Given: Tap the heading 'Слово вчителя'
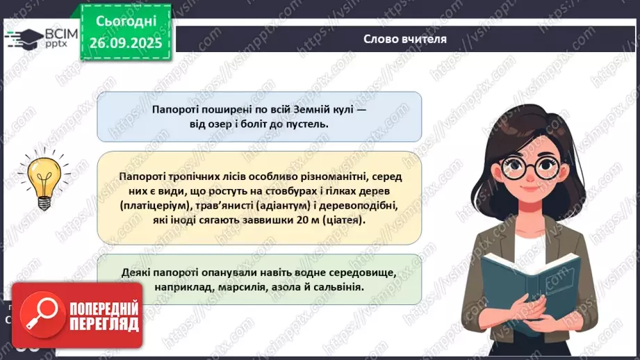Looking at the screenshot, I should click(x=405, y=40).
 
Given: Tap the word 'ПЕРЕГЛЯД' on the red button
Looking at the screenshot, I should click(x=105, y=324).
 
